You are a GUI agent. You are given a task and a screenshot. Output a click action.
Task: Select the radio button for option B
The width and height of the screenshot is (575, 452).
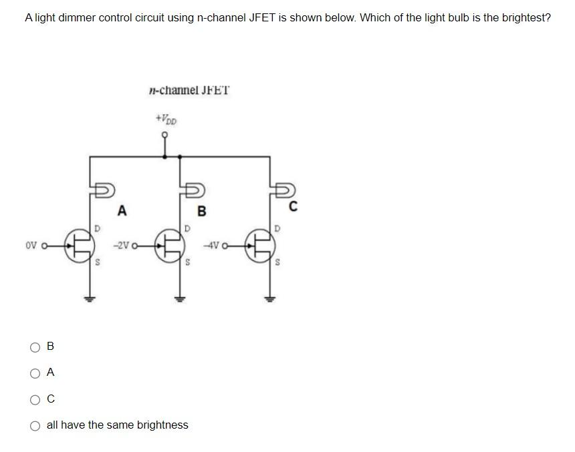35,347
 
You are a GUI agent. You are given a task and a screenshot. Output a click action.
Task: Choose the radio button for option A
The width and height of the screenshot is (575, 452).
35,373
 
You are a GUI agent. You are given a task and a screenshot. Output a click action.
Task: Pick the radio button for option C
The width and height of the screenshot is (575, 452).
35,399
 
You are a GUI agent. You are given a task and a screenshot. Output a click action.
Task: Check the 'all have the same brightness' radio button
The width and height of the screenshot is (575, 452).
35,425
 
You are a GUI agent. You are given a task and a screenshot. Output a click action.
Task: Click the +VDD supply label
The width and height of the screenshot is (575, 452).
166,120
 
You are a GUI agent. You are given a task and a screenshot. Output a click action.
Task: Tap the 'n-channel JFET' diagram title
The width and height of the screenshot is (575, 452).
189,90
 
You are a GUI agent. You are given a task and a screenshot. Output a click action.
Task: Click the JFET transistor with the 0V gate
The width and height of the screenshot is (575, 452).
79,245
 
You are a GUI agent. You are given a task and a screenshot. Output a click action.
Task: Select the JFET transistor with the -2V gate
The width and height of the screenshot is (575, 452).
170,245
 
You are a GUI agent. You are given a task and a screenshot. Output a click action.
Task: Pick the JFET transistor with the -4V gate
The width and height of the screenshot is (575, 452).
260,245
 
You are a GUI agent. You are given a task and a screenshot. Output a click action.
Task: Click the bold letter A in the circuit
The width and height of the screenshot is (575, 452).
121,211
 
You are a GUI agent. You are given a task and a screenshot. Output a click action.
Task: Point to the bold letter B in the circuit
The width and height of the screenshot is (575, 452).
202,212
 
